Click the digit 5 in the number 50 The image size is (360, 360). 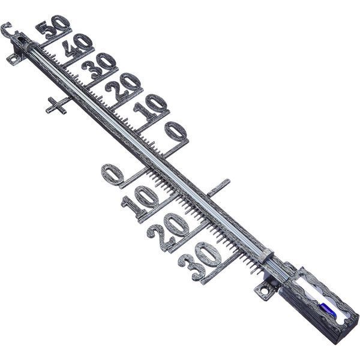[x=46, y=30]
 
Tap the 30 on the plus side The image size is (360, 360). [x=99, y=65]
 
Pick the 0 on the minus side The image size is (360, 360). [x=113, y=174]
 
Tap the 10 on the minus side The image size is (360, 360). [x=140, y=201]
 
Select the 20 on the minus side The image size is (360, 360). [x=167, y=230]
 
